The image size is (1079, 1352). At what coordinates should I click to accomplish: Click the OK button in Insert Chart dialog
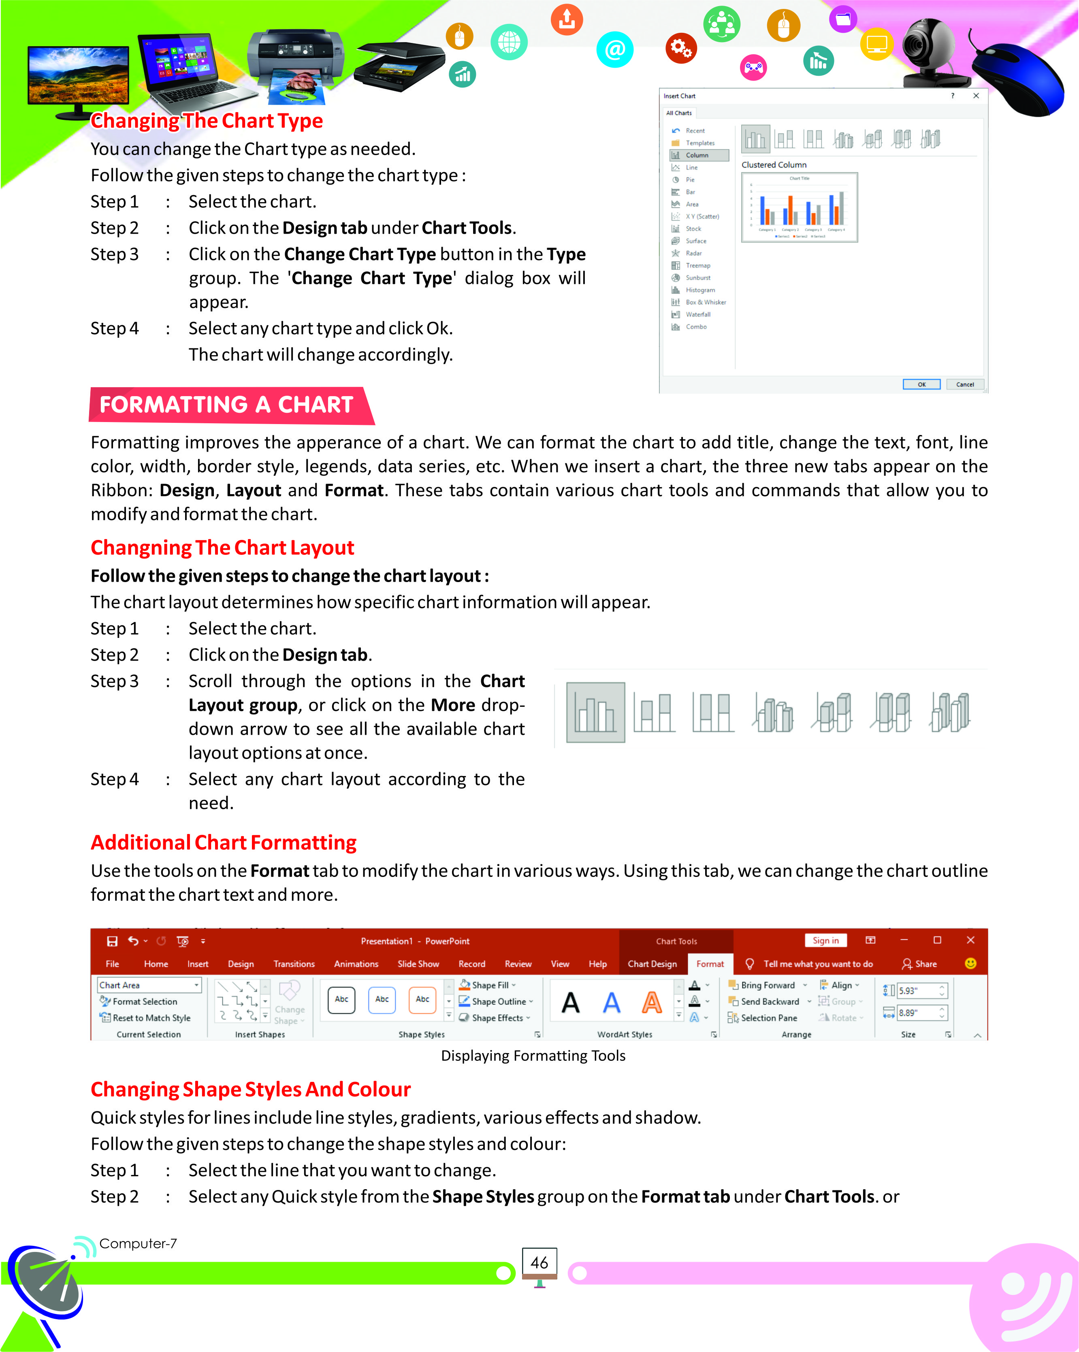pyautogui.click(x=921, y=384)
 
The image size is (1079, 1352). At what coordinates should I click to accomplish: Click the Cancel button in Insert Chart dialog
pyautogui.click(x=964, y=384)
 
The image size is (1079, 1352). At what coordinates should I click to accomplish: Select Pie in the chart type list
pyautogui.click(x=690, y=180)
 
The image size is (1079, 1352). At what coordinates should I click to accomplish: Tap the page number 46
pyautogui.click(x=539, y=1262)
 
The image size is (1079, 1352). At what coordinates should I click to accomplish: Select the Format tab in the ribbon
pyautogui.click(x=710, y=964)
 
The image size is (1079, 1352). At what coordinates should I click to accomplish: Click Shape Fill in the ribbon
pyautogui.click(x=490, y=985)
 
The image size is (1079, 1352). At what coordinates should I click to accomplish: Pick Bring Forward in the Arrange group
pyautogui.click(x=768, y=985)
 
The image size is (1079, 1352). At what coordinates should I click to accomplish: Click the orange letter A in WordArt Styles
pyautogui.click(x=652, y=1003)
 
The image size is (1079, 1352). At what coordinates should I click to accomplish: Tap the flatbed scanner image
pyautogui.click(x=399, y=66)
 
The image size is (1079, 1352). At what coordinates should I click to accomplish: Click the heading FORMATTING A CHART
pyautogui.click(x=226, y=405)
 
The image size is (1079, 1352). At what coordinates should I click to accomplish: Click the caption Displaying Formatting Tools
pyautogui.click(x=533, y=1056)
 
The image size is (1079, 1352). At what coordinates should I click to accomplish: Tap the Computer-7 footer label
pyautogui.click(x=138, y=1243)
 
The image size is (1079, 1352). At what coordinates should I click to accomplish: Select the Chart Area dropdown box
pyautogui.click(x=149, y=985)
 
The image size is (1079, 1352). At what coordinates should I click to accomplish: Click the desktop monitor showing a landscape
pyautogui.click(x=78, y=79)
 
